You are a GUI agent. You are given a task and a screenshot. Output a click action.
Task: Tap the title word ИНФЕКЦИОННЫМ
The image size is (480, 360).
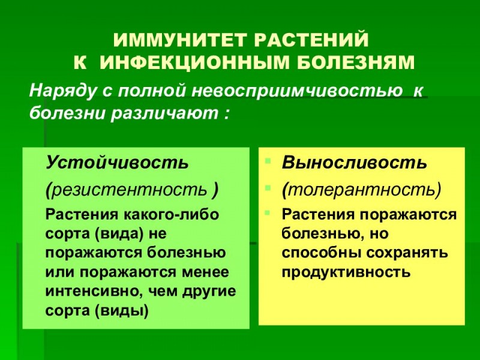(x=194, y=62)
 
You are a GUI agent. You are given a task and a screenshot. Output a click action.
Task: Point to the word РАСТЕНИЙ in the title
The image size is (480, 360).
(x=311, y=40)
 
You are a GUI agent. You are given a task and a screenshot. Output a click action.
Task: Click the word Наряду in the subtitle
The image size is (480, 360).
(x=63, y=91)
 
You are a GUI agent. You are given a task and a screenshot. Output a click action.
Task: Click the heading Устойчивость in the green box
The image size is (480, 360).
(x=117, y=162)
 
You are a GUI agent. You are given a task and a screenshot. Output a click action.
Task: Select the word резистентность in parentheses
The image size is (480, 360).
(x=130, y=190)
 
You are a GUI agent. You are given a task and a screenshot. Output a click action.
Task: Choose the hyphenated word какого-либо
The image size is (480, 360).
(x=172, y=214)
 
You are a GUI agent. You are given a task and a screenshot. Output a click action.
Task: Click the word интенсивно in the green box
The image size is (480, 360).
(x=95, y=291)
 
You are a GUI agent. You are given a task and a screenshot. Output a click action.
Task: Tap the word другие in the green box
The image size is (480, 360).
(x=209, y=292)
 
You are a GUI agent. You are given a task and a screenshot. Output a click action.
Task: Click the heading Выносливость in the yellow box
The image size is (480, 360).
(x=355, y=162)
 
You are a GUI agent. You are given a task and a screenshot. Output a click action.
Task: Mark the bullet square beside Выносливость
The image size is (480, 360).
(x=268, y=160)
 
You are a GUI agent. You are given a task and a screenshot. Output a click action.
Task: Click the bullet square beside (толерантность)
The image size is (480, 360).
(x=268, y=187)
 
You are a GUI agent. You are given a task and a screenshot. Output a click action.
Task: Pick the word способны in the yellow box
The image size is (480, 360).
(x=321, y=253)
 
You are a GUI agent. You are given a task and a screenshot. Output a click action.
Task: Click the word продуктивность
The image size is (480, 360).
(x=346, y=272)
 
